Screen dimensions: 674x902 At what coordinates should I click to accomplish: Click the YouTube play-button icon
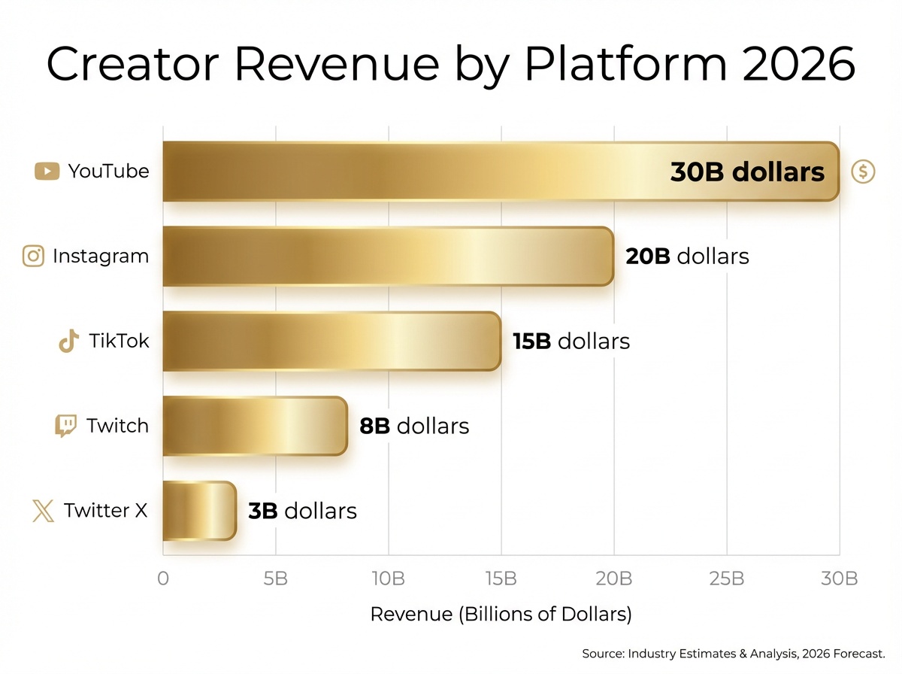[47, 172]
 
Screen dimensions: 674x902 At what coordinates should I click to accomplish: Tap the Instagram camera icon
[34, 257]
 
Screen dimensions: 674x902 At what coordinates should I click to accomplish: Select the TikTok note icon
[68, 342]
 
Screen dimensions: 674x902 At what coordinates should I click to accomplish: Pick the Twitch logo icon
[66, 426]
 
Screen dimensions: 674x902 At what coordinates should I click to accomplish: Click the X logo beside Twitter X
[44, 511]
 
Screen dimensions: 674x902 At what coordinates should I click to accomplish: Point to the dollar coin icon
[863, 172]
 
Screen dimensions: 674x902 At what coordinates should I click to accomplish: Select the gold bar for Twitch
[255, 426]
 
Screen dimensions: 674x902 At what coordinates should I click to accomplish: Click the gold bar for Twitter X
[199, 511]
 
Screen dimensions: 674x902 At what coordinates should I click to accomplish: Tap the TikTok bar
[331, 342]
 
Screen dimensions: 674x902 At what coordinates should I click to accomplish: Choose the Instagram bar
[388, 257]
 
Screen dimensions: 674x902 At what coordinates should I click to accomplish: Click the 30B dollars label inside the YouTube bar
[747, 172]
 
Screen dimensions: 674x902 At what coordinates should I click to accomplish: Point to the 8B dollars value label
[414, 427]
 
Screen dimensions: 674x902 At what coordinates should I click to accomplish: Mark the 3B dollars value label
[302, 512]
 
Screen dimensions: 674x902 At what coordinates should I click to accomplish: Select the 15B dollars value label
[571, 342]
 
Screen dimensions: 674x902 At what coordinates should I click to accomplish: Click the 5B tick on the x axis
[275, 579]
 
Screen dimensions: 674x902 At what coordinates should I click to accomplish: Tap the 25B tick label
[726, 579]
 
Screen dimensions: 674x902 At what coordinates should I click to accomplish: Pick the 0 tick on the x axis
[163, 579]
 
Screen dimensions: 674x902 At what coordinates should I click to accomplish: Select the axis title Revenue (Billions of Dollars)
[501, 614]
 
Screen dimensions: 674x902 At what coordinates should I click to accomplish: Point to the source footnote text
[734, 653]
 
